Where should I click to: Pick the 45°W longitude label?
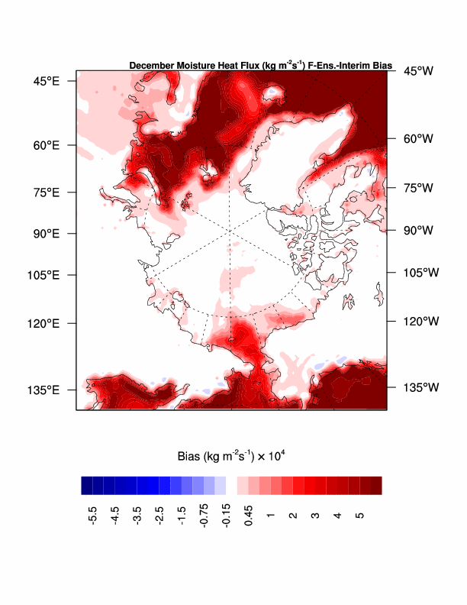(x=418, y=71)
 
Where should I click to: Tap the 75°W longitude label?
(x=418, y=187)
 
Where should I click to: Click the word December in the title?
(x=152, y=66)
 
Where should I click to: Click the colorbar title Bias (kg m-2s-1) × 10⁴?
(x=231, y=457)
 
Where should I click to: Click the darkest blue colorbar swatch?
(x=87, y=486)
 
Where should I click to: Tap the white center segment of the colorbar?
(x=232, y=486)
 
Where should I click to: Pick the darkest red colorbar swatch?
(x=376, y=486)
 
